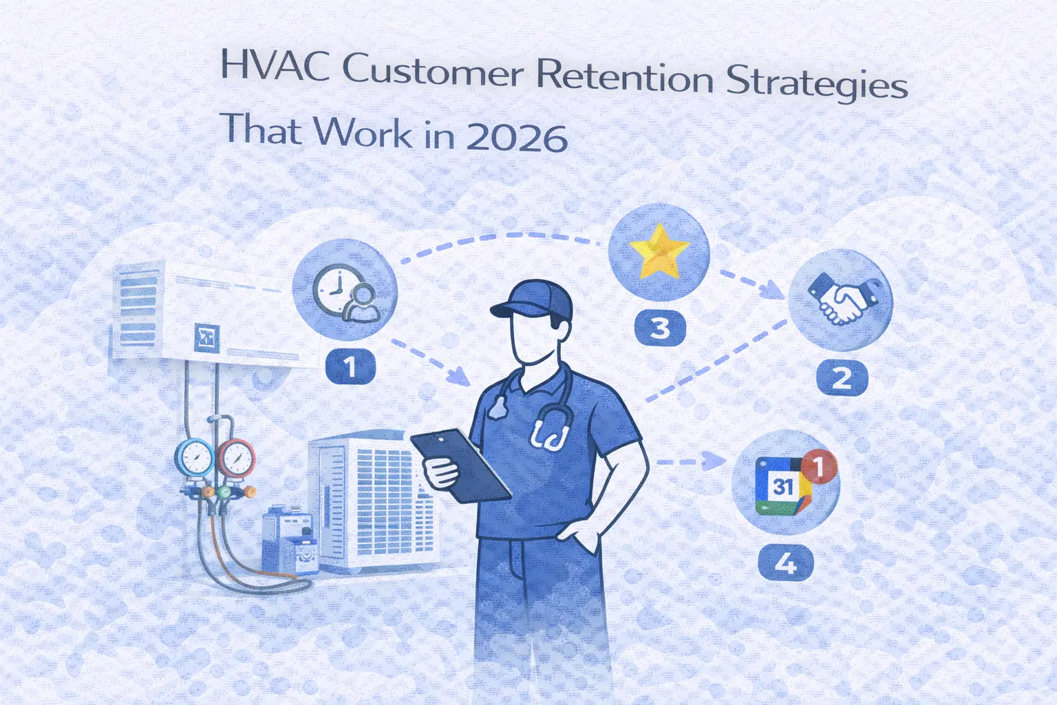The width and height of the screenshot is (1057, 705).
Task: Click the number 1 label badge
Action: tap(350, 366)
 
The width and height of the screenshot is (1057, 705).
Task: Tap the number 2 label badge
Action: tap(842, 377)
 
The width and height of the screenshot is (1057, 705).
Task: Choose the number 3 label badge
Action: tap(659, 328)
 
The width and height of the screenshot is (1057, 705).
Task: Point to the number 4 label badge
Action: tap(785, 564)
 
